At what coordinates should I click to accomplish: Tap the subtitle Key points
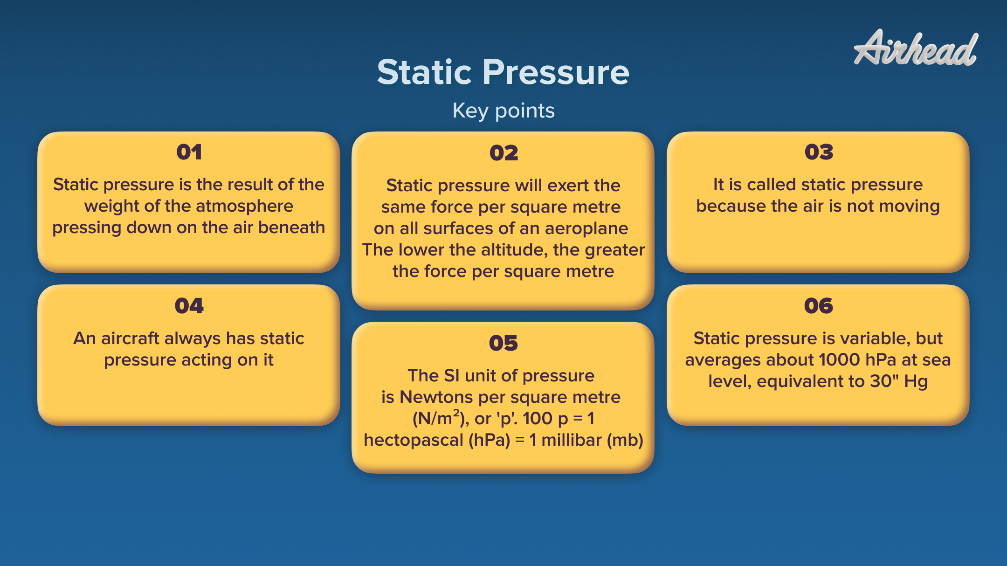coord(503,111)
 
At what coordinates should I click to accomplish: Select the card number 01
coord(189,152)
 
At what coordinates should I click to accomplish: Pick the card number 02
coord(504,153)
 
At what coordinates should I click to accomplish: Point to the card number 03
coord(818,152)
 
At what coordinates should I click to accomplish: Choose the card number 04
coord(189,306)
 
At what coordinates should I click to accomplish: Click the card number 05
coord(503,344)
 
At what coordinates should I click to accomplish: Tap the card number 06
coord(818,306)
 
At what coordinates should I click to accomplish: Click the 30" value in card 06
coord(884,381)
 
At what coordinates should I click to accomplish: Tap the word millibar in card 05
coord(572,440)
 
